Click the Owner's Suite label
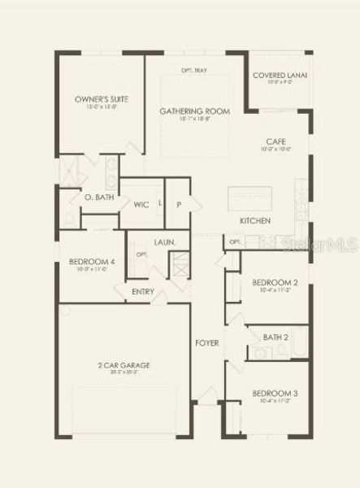(97, 99)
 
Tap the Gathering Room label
(193, 111)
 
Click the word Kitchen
(254, 221)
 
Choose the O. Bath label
(98, 198)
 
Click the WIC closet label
(138, 204)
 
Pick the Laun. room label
(165, 242)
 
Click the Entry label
(142, 291)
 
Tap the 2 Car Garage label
(124, 365)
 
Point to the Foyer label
(206, 343)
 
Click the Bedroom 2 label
(274, 283)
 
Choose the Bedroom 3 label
(274, 394)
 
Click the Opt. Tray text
(193, 71)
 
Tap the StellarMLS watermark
(325, 242)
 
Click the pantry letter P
(179, 204)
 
